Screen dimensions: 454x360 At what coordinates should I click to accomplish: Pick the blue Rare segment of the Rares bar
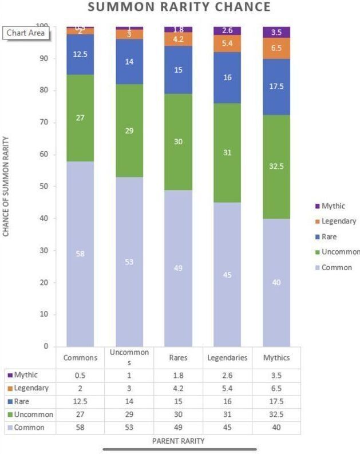(178, 70)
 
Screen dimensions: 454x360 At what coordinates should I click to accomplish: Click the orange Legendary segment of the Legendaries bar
(227, 44)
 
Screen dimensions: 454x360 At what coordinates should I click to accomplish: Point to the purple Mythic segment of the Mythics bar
(276, 32)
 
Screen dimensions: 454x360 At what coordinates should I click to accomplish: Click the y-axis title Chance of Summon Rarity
(7, 187)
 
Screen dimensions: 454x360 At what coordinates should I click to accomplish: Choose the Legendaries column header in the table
(227, 357)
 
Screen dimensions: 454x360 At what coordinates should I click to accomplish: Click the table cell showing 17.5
(276, 401)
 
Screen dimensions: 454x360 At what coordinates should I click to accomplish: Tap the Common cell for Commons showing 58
(80, 428)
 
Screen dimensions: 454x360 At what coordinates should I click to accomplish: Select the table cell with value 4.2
(177, 388)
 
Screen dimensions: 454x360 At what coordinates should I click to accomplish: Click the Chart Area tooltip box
(26, 33)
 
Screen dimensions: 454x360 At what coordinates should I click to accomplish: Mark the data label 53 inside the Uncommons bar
(129, 262)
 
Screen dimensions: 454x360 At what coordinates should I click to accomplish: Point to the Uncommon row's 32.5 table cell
(276, 414)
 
